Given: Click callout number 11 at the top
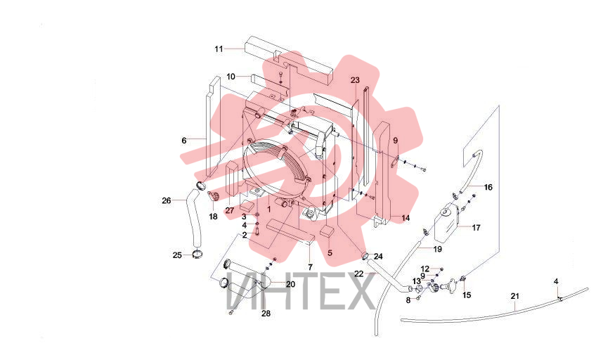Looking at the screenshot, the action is pyautogui.click(x=219, y=49).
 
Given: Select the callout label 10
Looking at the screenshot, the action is pyautogui.click(x=231, y=77).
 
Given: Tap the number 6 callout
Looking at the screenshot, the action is pyautogui.click(x=184, y=141).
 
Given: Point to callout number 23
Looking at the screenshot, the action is pyautogui.click(x=355, y=80).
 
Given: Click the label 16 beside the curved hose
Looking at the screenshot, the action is pyautogui.click(x=488, y=187).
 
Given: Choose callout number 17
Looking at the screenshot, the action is pyautogui.click(x=476, y=228).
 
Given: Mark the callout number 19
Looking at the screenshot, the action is pyautogui.click(x=438, y=249).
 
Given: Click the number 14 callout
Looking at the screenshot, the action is pyautogui.click(x=406, y=218).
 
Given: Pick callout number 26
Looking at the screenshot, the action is pyautogui.click(x=167, y=200).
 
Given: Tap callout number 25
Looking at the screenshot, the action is pyautogui.click(x=177, y=255).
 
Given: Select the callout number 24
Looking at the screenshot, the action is pyautogui.click(x=378, y=256).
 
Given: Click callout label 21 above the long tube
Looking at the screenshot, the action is pyautogui.click(x=515, y=296).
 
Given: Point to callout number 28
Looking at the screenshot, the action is pyautogui.click(x=266, y=314).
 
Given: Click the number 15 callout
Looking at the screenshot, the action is pyautogui.click(x=467, y=295).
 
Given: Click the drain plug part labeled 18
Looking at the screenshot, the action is pyautogui.click(x=213, y=196).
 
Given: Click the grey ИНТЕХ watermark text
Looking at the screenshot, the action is pyautogui.click(x=301, y=291).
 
